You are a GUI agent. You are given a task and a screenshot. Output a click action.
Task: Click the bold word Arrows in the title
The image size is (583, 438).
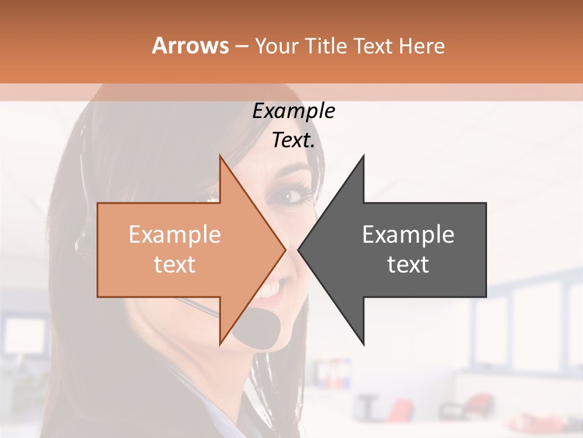coord(190,46)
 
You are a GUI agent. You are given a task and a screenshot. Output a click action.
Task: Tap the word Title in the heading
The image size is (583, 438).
coord(325,46)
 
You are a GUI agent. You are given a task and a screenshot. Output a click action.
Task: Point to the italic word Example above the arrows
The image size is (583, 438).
coord(293,111)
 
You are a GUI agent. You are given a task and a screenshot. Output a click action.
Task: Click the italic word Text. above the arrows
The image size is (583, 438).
coord(293,141)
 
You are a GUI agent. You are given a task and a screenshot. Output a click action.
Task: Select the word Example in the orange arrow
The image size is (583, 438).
coord(174,235)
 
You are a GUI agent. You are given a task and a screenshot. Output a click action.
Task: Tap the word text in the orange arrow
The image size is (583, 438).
coord(174,265)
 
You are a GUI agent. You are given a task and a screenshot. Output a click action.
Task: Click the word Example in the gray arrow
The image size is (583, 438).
coord(408,235)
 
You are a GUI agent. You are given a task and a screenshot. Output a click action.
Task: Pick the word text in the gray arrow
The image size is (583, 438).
coord(408,265)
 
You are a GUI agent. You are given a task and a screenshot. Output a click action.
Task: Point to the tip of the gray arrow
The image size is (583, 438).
coord(299,249)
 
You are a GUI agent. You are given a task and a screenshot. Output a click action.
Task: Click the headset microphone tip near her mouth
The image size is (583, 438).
coord(258,329)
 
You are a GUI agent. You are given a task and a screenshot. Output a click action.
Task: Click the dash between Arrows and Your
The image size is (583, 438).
coord(241,46)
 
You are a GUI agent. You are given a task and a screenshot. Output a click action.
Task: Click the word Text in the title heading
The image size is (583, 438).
coord(373,46)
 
